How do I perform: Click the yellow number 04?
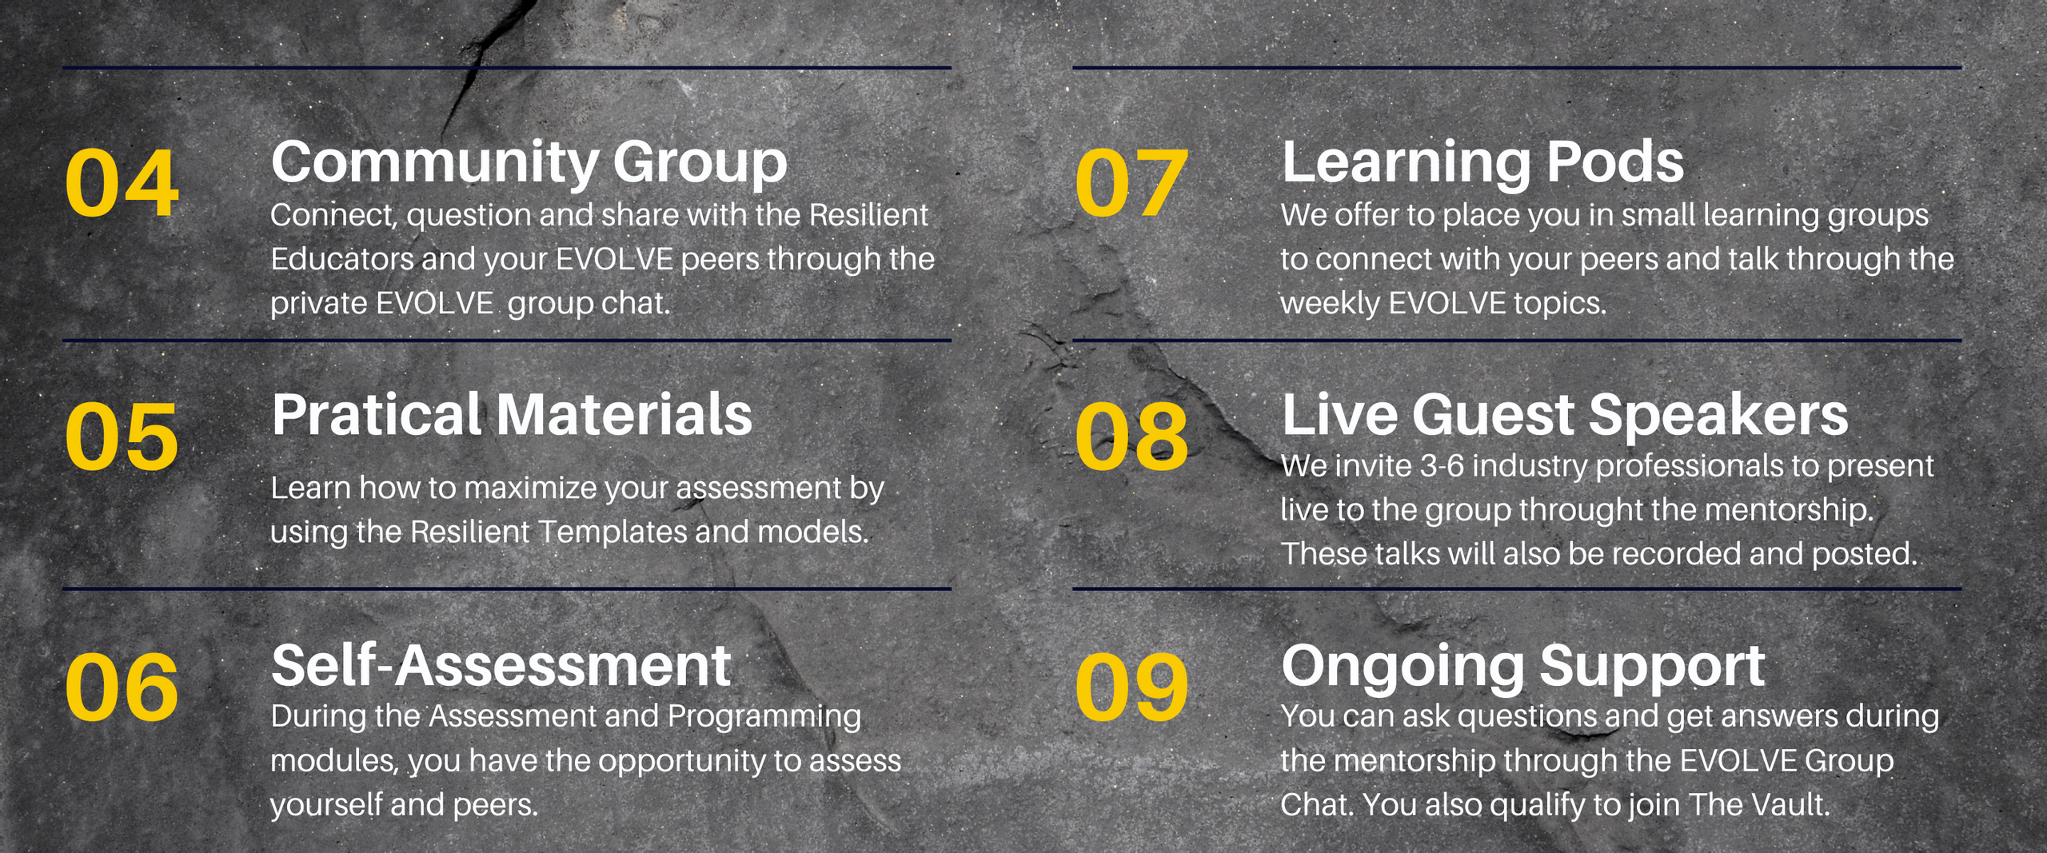point(122,183)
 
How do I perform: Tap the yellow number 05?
point(122,436)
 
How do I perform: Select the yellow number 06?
point(122,687)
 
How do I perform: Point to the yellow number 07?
point(1131,183)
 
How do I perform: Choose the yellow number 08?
point(1131,436)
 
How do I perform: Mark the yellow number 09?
point(1131,687)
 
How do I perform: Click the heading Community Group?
point(529,164)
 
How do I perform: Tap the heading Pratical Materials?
point(512,414)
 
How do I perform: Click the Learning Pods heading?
point(1482,162)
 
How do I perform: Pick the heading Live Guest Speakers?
point(1565,416)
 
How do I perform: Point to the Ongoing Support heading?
point(1523,668)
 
